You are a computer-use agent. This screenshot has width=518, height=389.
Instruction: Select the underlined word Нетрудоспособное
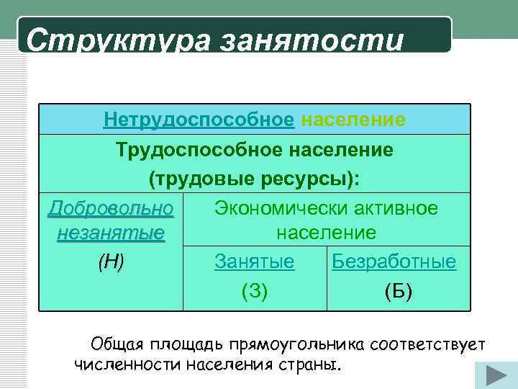[199, 119]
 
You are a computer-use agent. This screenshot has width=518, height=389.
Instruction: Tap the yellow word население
[353, 119]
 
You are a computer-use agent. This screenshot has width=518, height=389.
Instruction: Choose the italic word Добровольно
[111, 208]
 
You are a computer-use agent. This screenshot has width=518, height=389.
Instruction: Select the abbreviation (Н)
[111, 262]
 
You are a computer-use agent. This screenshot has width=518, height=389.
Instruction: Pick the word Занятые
[254, 262]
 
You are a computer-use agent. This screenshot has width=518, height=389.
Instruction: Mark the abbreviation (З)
[254, 290]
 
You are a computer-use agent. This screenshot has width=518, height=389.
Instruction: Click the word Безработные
[394, 262]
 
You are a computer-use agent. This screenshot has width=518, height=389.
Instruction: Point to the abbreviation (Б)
[399, 290]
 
